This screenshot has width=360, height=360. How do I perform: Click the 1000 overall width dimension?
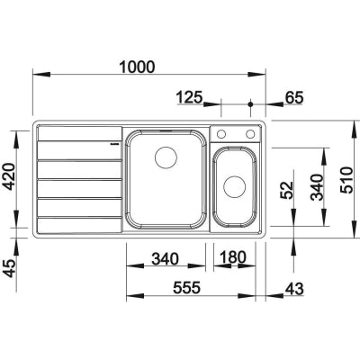(x=137, y=67)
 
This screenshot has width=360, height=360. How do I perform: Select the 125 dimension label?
(x=190, y=97)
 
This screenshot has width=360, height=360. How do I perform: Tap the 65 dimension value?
(x=294, y=97)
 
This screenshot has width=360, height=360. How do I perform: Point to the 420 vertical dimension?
(x=9, y=176)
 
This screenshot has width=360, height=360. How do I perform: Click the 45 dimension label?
(x=9, y=268)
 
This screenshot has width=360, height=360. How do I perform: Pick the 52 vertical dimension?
(x=286, y=191)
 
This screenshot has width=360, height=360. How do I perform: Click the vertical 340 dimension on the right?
(x=317, y=187)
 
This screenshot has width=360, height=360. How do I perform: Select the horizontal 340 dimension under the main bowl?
(x=165, y=258)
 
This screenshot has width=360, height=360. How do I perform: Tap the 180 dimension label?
(x=232, y=257)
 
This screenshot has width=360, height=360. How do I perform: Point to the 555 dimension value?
(x=186, y=288)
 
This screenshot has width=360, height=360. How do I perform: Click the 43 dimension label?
(x=294, y=289)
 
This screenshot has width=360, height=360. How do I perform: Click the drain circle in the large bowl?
(x=166, y=157)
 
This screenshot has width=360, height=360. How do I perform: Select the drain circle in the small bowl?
(x=235, y=186)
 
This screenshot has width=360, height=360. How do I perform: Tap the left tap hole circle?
(x=221, y=134)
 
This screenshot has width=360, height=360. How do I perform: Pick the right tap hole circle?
(x=250, y=134)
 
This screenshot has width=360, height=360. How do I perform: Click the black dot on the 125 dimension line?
(x=250, y=104)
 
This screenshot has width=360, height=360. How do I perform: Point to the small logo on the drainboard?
(x=114, y=144)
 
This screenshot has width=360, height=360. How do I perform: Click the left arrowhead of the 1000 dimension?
(x=41, y=75)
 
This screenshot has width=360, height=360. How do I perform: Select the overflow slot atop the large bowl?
(x=166, y=130)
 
